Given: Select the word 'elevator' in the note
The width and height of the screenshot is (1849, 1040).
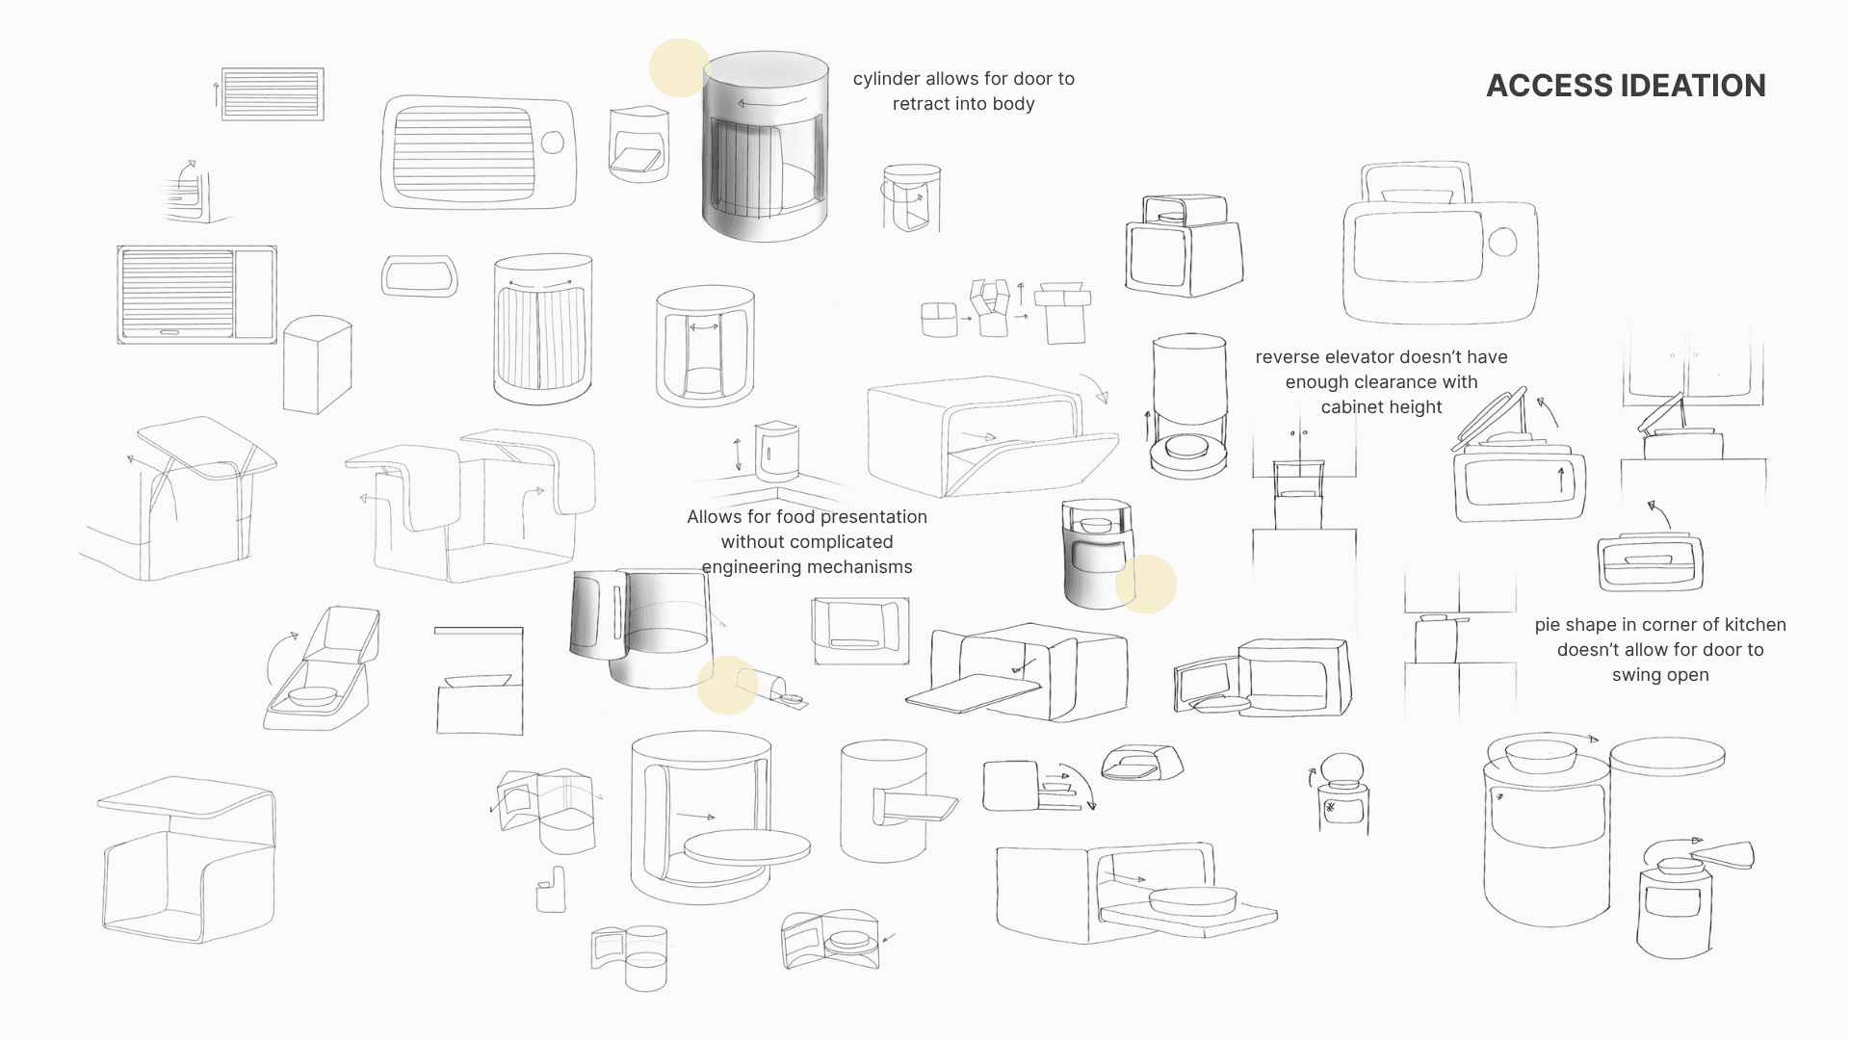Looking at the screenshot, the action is (1372, 357).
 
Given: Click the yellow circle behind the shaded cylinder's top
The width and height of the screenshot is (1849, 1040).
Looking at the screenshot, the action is (678, 67).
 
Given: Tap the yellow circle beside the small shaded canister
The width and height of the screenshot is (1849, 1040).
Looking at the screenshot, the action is (1147, 585).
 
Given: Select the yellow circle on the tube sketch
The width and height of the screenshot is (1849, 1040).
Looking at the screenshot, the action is (726, 685).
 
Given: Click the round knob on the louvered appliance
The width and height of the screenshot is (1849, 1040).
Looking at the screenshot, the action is (552, 143).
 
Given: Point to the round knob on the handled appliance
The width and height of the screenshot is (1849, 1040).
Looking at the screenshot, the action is (1502, 241).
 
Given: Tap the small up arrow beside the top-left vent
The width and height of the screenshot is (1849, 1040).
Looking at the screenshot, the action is (217, 93).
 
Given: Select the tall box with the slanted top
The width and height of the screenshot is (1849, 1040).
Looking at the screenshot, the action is (317, 364).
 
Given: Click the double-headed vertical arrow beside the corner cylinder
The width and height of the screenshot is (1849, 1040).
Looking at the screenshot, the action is (738, 454).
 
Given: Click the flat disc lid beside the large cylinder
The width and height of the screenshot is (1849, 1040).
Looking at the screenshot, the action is (1667, 757).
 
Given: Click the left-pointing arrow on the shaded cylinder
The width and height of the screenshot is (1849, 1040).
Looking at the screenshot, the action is (770, 102).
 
